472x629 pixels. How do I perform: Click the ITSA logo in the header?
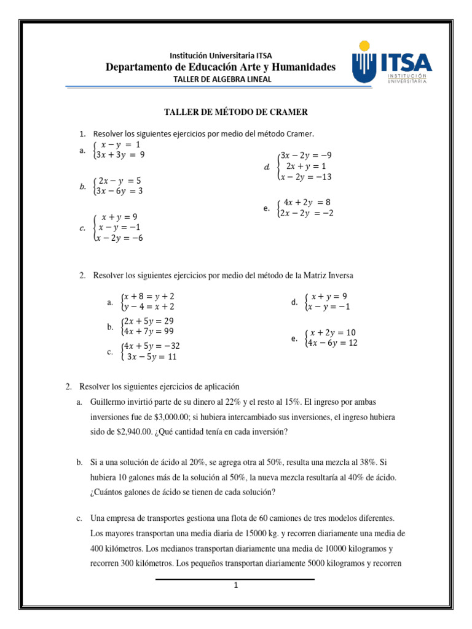[x=392, y=63]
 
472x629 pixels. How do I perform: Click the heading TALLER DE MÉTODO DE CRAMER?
[x=235, y=112]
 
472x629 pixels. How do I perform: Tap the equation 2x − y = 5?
[x=120, y=181]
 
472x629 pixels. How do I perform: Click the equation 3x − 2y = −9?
[x=305, y=155]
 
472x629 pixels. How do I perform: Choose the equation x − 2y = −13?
[x=305, y=177]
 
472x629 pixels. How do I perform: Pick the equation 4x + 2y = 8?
[x=307, y=202]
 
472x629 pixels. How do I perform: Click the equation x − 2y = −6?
[x=119, y=238]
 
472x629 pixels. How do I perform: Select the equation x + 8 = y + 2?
[x=148, y=296]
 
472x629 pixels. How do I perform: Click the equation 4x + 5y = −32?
[x=151, y=346]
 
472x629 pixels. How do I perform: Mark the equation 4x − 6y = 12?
[x=332, y=343]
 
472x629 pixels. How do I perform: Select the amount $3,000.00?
[x=186, y=417]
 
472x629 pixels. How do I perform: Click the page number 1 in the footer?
[x=235, y=585]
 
